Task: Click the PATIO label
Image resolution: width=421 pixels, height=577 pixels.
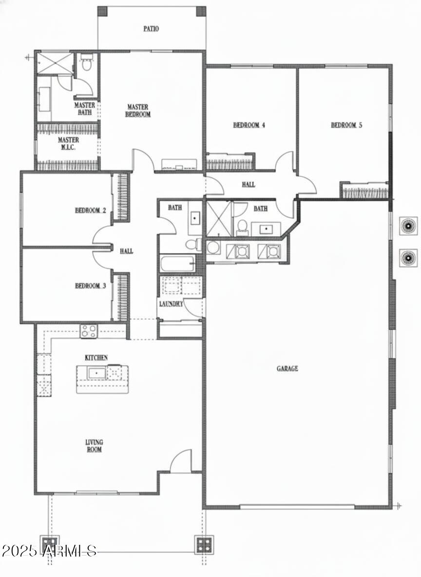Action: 151,29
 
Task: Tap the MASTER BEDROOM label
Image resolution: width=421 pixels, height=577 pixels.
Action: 138,111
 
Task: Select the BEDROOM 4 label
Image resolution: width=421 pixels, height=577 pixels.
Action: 249,125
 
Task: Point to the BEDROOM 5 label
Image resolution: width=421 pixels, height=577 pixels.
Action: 346,125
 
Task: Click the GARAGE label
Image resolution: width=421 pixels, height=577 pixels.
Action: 287,369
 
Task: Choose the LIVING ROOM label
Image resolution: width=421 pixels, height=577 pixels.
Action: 94,446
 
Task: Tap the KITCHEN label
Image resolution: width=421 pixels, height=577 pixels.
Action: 96,358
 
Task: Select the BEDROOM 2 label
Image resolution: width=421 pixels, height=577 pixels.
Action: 90,211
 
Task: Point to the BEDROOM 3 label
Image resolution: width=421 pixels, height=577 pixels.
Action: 90,286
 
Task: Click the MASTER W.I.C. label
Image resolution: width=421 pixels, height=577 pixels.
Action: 69,143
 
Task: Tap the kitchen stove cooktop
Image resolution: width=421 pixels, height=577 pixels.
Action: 89,331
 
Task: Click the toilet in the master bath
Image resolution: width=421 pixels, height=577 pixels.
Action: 87,63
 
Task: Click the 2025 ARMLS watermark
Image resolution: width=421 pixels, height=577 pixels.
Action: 49,551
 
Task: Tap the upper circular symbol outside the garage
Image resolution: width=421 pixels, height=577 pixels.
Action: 407,226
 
